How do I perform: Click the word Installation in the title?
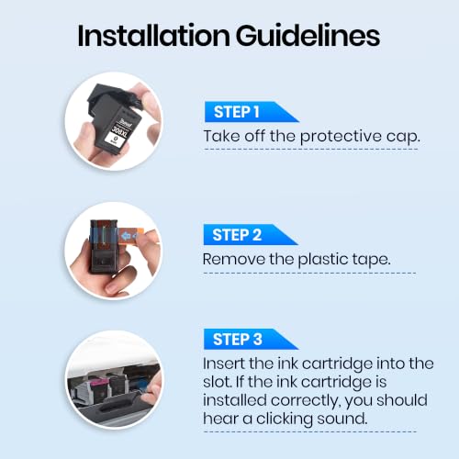pos(153,36)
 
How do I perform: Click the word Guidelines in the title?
pos(308,36)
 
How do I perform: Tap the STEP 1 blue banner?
pos(252,112)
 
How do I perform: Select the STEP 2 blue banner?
pos(251,235)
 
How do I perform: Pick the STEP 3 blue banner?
pos(251,339)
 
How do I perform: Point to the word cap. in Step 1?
pos(403,137)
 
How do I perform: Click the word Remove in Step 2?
pos(234,260)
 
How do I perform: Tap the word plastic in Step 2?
pos(323,260)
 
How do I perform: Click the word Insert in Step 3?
pos(224,364)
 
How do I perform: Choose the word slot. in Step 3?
pos(217,382)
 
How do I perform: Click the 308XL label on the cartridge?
pos(119,131)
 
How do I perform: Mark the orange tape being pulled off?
pos(131,235)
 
